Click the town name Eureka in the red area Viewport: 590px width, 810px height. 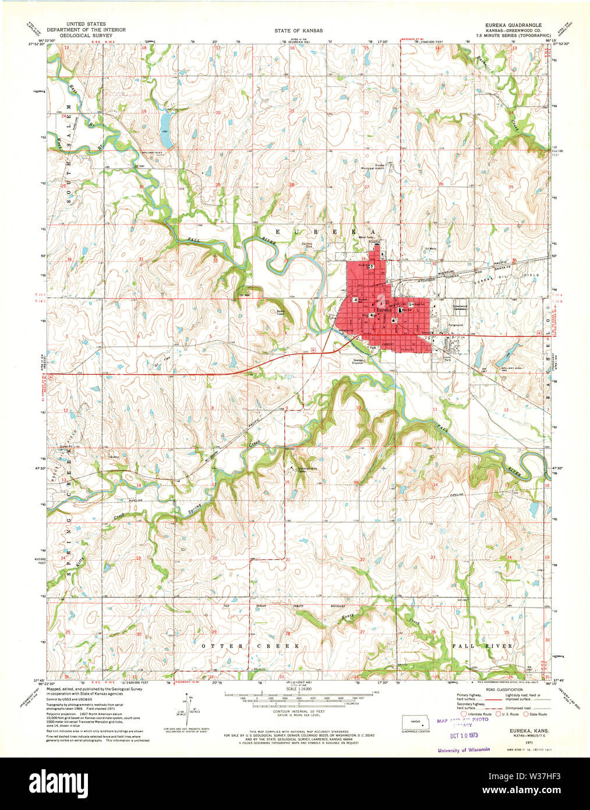point(384,311)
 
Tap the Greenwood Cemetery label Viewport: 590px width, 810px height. point(460,307)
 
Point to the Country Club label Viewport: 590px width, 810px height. point(306,245)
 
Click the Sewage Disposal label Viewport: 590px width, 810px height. point(358,361)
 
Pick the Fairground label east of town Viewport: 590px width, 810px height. point(455,325)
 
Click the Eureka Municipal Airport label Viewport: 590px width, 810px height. point(380,167)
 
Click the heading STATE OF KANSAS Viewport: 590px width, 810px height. point(299,30)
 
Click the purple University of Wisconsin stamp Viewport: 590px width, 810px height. point(464,750)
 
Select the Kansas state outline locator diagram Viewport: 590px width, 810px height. point(416,721)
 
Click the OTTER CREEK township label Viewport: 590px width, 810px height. point(250,646)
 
